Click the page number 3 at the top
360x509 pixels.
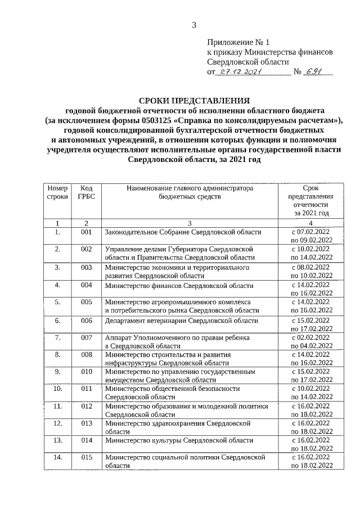pos(194,24)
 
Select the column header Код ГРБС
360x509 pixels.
pos(86,193)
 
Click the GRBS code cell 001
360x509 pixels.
pos(86,232)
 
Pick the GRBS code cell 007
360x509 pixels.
pos(86,337)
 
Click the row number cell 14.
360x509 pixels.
pos(57,458)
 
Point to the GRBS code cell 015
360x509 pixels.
pos(86,458)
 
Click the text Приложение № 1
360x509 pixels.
pos(238,42)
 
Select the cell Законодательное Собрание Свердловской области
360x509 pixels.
pos(183,232)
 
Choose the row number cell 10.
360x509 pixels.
pos(57,388)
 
